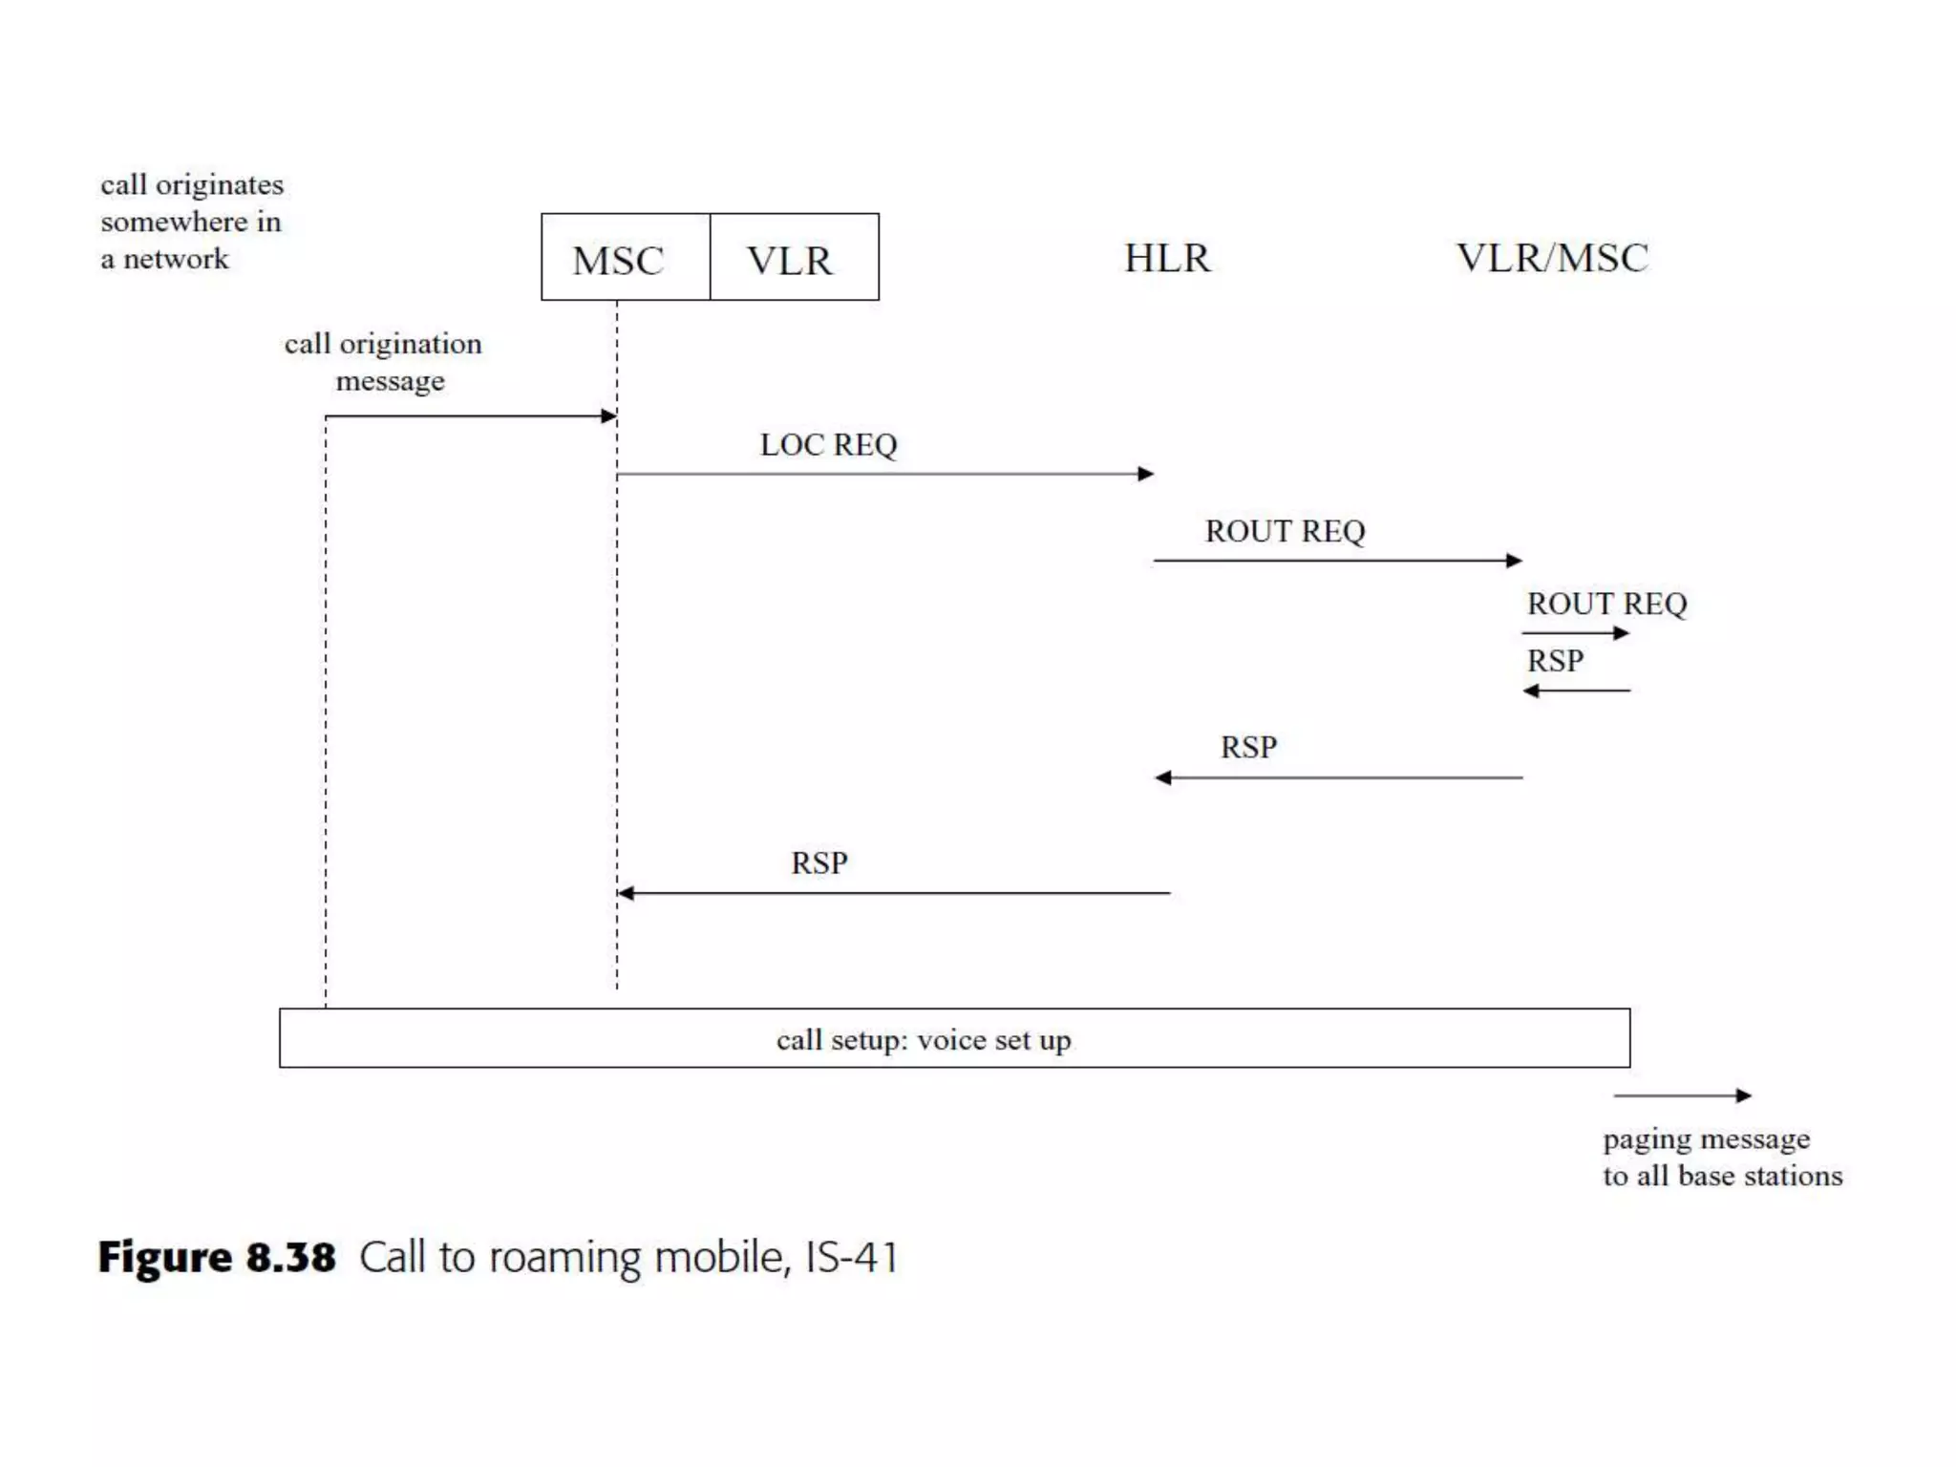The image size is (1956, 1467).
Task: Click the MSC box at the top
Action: pyautogui.click(x=626, y=258)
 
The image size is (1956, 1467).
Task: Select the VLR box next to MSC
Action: pyautogui.click(x=794, y=258)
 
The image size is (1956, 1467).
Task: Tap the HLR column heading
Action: pyautogui.click(x=1167, y=258)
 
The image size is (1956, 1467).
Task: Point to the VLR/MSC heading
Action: pyautogui.click(x=1552, y=258)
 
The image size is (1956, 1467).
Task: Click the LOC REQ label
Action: pyautogui.click(x=828, y=444)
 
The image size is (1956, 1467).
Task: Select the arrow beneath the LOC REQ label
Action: pyautogui.click(x=884, y=474)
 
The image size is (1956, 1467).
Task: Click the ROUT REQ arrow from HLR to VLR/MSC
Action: pyautogui.click(x=1337, y=561)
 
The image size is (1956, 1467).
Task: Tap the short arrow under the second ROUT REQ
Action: pyautogui.click(x=1576, y=632)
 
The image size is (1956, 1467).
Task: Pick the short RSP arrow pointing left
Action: pyautogui.click(x=1576, y=691)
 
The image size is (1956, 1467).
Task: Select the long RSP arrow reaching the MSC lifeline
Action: pyautogui.click(x=893, y=893)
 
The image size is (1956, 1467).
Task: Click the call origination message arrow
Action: pyautogui.click(x=470, y=415)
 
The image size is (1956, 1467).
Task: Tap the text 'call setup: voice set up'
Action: pyautogui.click(x=924, y=1039)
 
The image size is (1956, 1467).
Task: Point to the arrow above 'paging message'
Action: pyautogui.click(x=1682, y=1095)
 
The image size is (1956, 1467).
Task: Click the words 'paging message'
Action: pyautogui.click(x=1706, y=1138)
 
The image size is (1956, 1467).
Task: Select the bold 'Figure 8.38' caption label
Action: pyautogui.click(x=217, y=1256)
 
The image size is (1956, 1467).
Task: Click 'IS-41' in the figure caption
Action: pyautogui.click(x=852, y=1257)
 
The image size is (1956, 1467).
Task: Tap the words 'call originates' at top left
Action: pyautogui.click(x=192, y=184)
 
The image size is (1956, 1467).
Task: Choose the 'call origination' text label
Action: pyautogui.click(x=383, y=344)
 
